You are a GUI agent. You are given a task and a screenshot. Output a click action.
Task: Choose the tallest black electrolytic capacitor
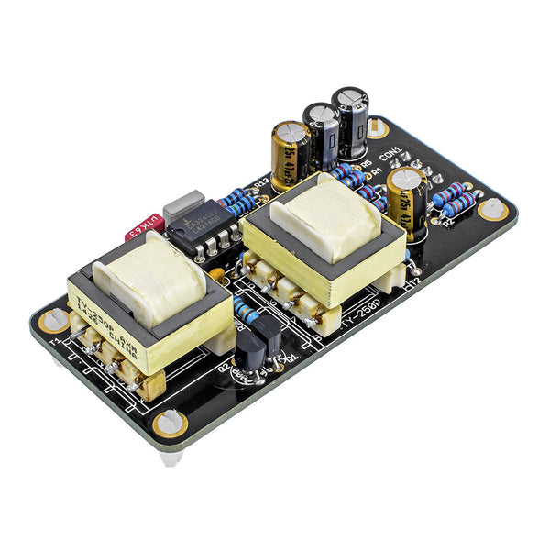tap(350, 119)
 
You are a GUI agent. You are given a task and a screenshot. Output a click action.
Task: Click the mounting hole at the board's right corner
tap(493, 208)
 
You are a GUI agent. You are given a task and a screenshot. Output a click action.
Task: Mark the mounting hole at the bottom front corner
tap(170, 422)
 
